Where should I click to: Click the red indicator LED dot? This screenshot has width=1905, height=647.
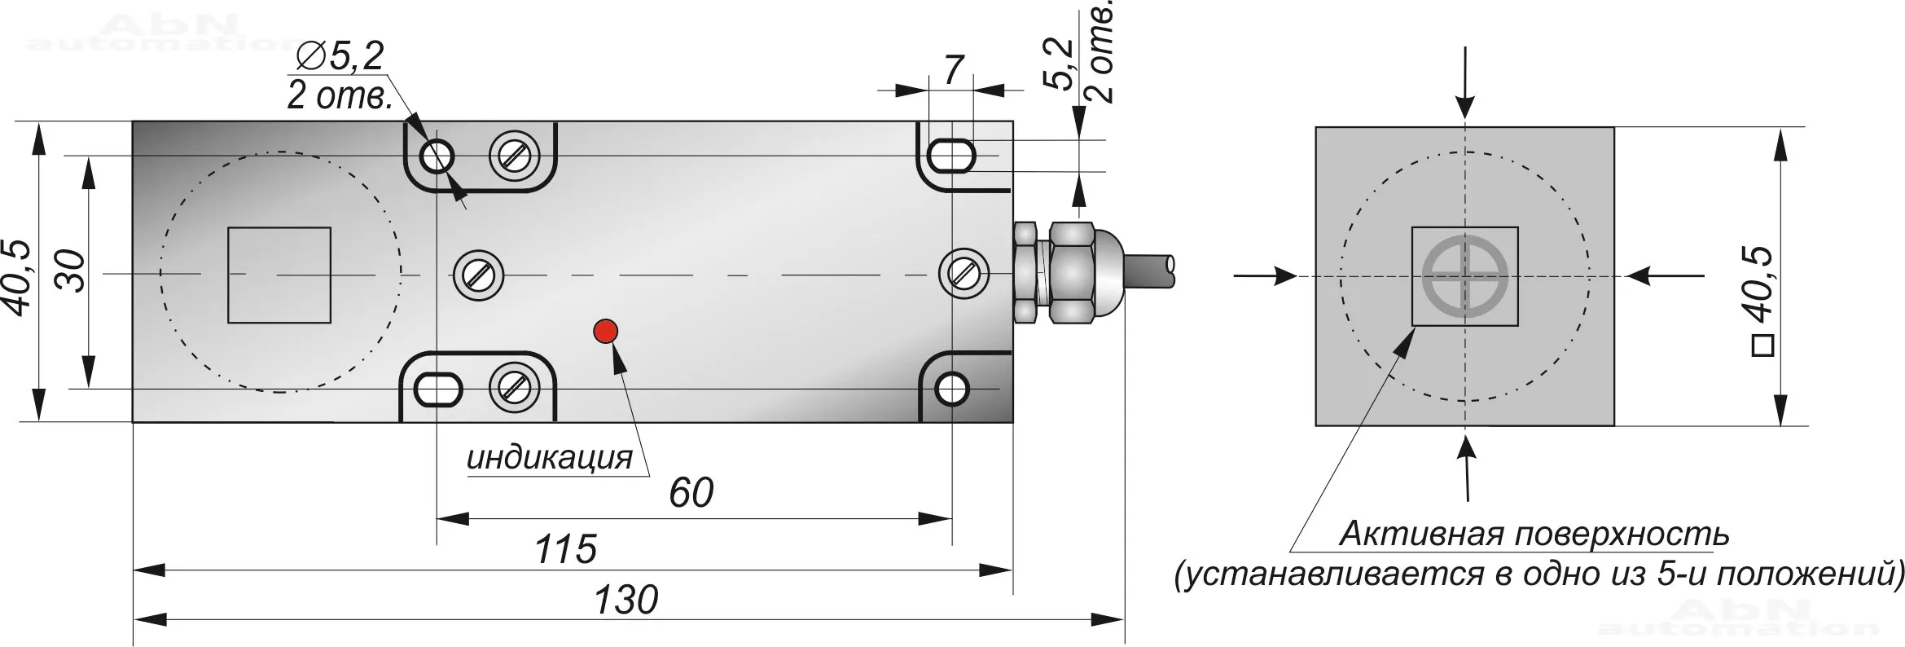[606, 331]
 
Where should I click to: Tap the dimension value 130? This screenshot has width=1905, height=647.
[625, 601]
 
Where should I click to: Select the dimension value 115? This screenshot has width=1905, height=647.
[565, 550]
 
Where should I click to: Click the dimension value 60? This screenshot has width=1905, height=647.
[691, 493]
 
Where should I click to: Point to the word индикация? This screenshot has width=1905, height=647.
[550, 458]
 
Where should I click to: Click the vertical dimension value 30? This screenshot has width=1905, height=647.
[72, 271]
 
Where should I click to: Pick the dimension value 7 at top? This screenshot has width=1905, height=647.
[954, 70]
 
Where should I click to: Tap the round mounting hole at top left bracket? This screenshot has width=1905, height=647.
[438, 154]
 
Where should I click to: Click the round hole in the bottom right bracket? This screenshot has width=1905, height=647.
[951, 390]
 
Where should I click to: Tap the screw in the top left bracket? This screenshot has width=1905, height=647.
[514, 155]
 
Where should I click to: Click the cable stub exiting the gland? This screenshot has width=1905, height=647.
[1150, 271]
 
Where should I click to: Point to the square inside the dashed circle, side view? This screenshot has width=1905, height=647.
[279, 275]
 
